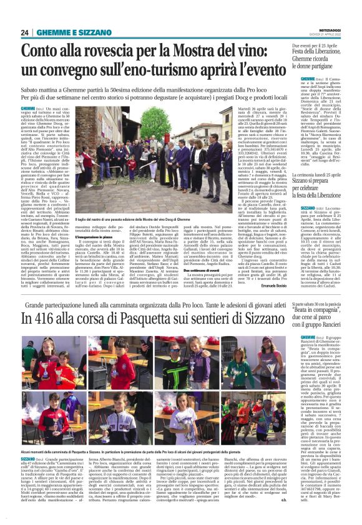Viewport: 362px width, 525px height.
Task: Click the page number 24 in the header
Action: tap(25, 32)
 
